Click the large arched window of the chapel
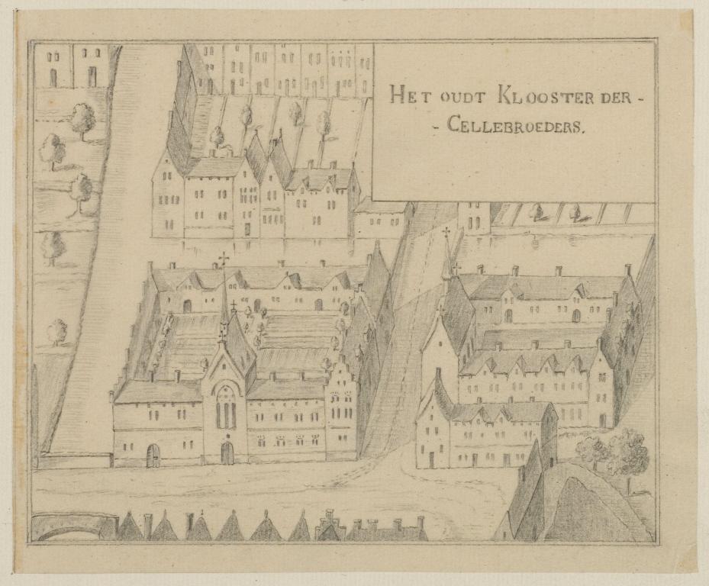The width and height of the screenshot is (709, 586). [x=226, y=407]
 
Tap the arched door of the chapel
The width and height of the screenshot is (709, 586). [x=227, y=452]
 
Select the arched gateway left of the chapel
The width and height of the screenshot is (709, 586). [x=153, y=455]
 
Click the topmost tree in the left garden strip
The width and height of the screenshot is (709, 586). [x=82, y=119]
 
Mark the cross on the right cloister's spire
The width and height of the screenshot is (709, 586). [x=446, y=232]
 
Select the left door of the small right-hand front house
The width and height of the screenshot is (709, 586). [x=431, y=459]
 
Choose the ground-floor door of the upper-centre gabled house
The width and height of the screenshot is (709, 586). [x=247, y=228]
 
